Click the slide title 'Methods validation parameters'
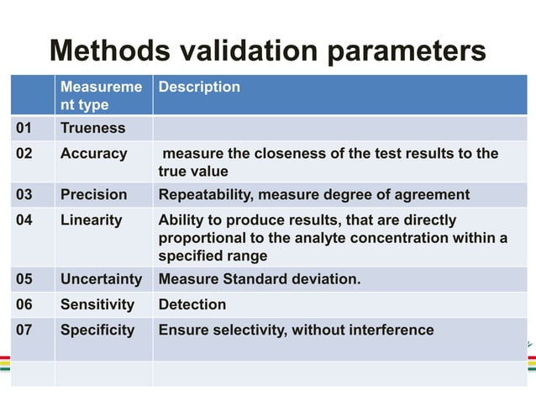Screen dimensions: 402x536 [267, 50]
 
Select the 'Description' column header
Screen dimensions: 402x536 [199, 87]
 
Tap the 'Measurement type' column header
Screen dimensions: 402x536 [96, 96]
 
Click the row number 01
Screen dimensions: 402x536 [25, 129]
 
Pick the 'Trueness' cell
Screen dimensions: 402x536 [92, 129]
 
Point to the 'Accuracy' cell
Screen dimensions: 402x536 [93, 154]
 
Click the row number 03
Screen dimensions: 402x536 [25, 195]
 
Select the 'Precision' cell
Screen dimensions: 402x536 [93, 195]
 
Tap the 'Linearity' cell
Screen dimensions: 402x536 [91, 220]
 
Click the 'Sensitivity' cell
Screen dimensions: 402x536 [97, 304]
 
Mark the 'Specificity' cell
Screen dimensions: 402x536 [97, 330]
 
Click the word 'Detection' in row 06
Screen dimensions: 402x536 [192, 304]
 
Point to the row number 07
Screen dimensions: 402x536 [25, 330]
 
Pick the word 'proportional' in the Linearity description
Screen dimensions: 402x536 [200, 238]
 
